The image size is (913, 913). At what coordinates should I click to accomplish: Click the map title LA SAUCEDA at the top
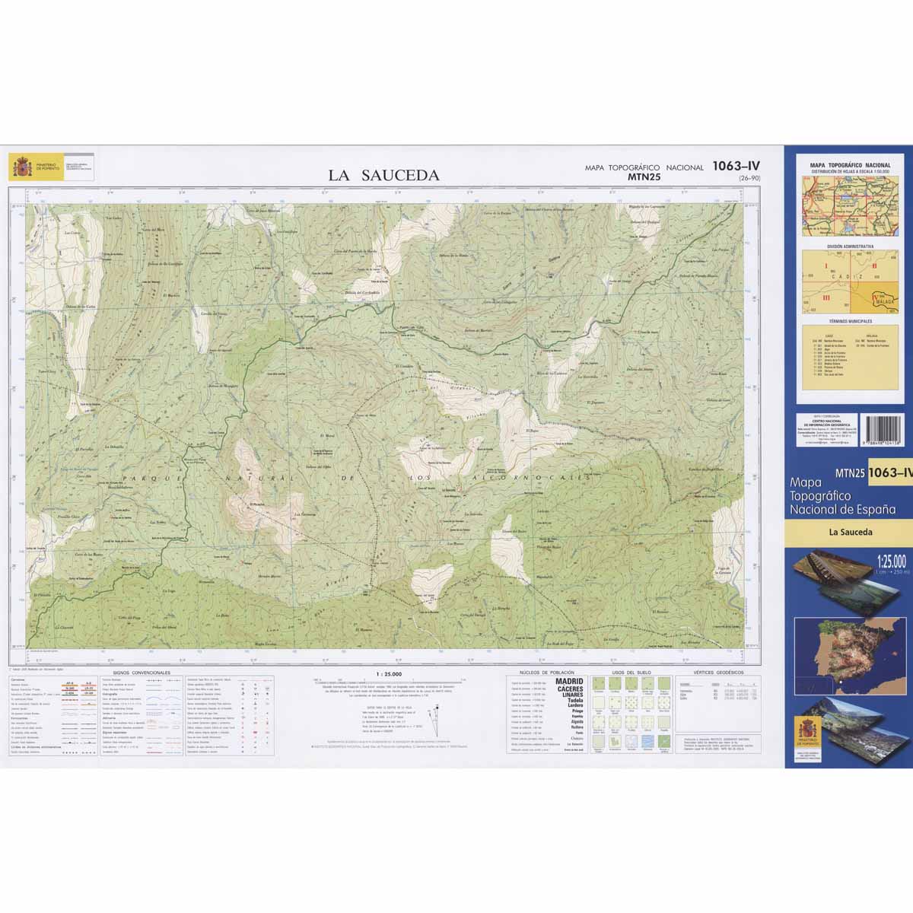(383, 175)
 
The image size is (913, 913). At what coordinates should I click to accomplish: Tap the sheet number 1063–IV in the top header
(736, 166)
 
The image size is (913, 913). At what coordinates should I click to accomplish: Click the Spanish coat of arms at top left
(19, 167)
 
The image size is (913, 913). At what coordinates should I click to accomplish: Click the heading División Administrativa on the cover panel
(850, 247)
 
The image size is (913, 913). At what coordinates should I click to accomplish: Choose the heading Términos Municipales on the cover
(850, 323)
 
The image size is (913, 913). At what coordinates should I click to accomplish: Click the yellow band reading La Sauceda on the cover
(851, 532)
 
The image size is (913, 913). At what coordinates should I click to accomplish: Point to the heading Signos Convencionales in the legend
(141, 673)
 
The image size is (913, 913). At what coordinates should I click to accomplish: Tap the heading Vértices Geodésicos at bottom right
(714, 673)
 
